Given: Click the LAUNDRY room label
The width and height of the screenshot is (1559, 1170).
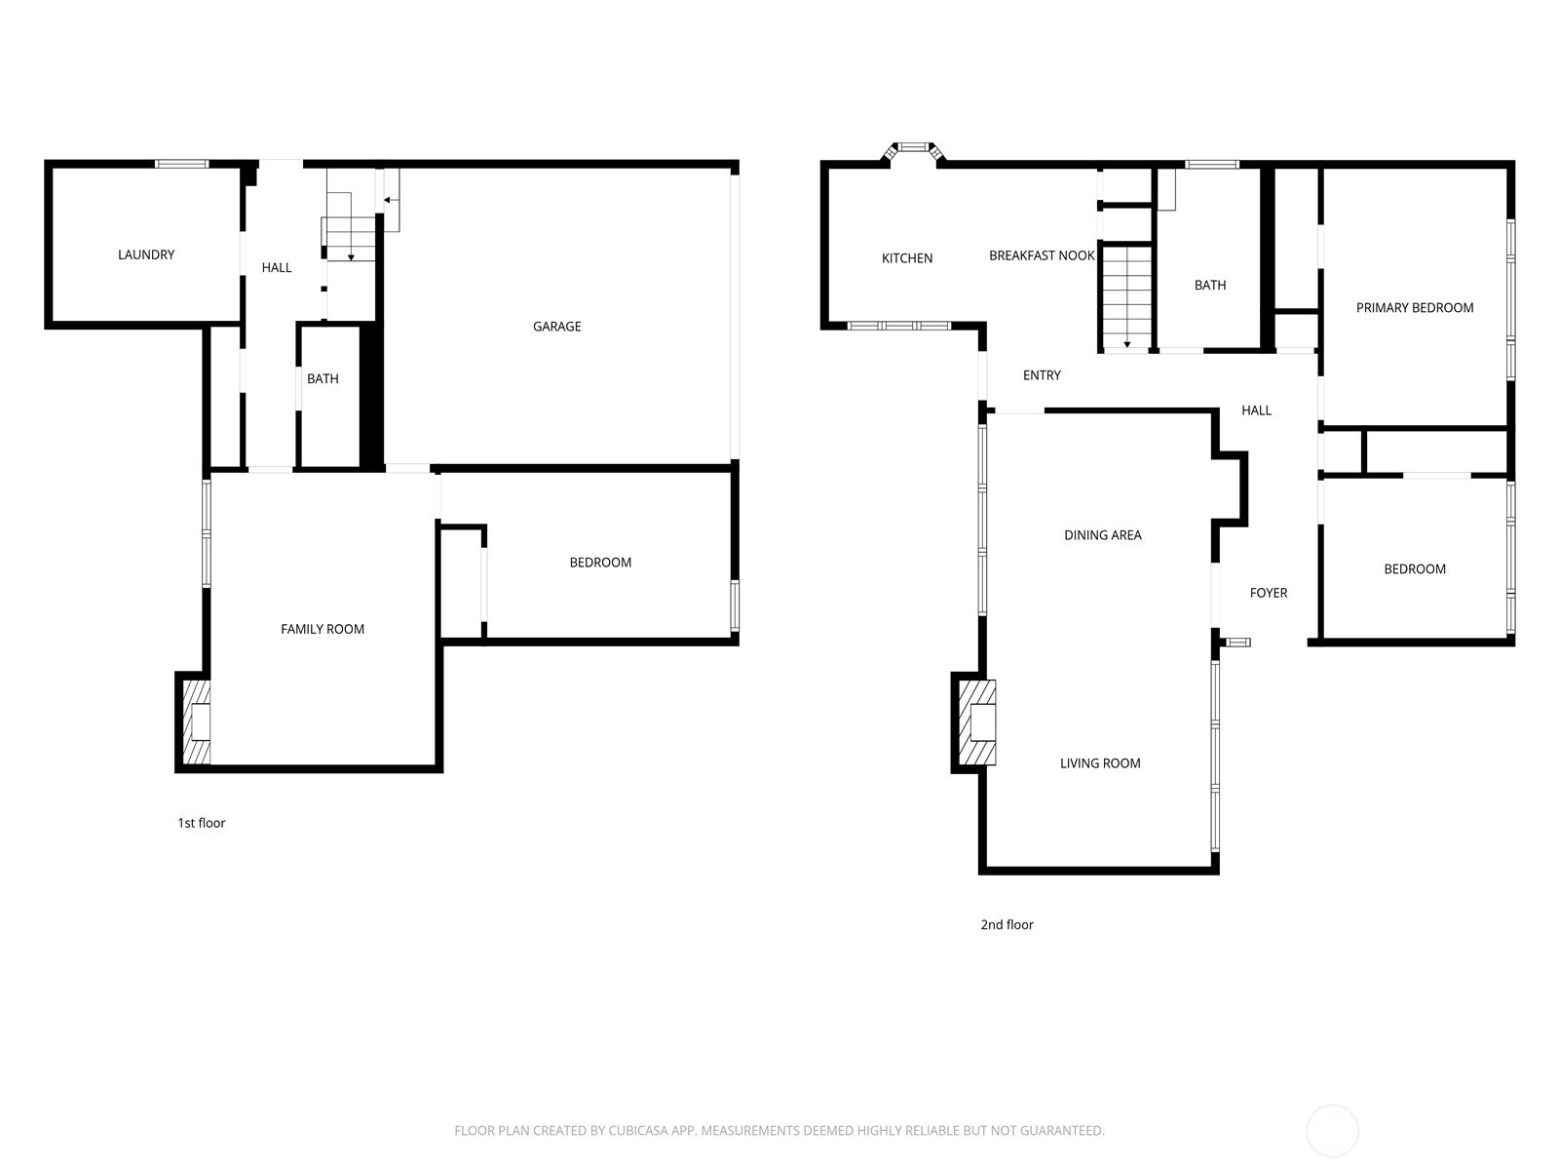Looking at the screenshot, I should click(x=146, y=254).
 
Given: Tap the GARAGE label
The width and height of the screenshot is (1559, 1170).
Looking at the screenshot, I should click(x=556, y=327).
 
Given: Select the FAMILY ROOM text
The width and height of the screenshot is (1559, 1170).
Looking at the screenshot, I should click(x=323, y=629).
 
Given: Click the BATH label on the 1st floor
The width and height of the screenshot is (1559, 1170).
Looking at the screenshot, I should click(x=323, y=379).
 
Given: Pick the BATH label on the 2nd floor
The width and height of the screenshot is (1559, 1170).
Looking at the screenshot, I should click(x=1210, y=286).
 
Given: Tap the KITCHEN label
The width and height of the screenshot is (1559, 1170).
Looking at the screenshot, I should click(x=907, y=258).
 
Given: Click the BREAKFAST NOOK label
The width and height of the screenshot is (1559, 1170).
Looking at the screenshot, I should click(x=1042, y=255).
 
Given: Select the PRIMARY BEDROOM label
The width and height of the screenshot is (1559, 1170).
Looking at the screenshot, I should click(x=1415, y=308).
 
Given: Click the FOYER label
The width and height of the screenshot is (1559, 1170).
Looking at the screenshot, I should click(x=1269, y=593).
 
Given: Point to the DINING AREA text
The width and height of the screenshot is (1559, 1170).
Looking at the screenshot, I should click(x=1102, y=535).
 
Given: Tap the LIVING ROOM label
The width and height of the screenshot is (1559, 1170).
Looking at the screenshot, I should click(x=1100, y=763).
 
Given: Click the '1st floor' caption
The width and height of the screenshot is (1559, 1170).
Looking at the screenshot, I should click(x=202, y=823).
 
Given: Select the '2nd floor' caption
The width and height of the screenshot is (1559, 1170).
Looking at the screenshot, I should click(x=1007, y=924).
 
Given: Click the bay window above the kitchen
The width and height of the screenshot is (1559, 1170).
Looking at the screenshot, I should click(x=914, y=148).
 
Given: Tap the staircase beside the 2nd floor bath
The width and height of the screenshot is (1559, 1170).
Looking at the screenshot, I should click(x=1126, y=297).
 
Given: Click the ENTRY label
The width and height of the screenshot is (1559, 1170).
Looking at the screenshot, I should click(x=1042, y=375).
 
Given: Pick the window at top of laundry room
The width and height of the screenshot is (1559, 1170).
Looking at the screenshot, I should click(x=182, y=164).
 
